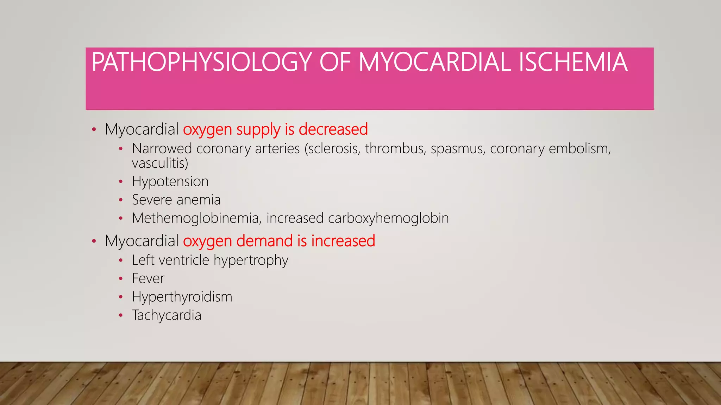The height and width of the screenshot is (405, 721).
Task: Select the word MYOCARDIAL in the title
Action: (x=434, y=62)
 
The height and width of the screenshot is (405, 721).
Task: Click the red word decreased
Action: (x=333, y=129)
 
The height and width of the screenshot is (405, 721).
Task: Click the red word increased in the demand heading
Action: (x=343, y=241)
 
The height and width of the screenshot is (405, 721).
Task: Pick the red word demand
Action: (x=264, y=241)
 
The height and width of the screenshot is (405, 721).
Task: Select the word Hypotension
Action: (x=170, y=182)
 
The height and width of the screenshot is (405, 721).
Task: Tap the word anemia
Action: (x=199, y=200)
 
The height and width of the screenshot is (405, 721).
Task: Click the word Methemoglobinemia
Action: (x=195, y=218)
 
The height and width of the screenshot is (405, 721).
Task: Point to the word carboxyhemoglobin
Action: (x=388, y=218)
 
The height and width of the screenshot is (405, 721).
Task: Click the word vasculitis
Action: (x=160, y=163)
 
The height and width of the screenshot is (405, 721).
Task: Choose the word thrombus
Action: (x=395, y=149)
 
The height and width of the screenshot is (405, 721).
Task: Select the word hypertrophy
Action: (x=251, y=261)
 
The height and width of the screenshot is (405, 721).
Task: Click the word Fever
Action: (x=148, y=279)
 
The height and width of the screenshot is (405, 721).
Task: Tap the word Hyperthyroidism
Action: (x=182, y=297)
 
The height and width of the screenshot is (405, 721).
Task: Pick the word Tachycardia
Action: (x=167, y=315)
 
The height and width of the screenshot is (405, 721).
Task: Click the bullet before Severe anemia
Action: (x=121, y=200)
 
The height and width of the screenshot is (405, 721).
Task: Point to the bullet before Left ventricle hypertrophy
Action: (x=121, y=261)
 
